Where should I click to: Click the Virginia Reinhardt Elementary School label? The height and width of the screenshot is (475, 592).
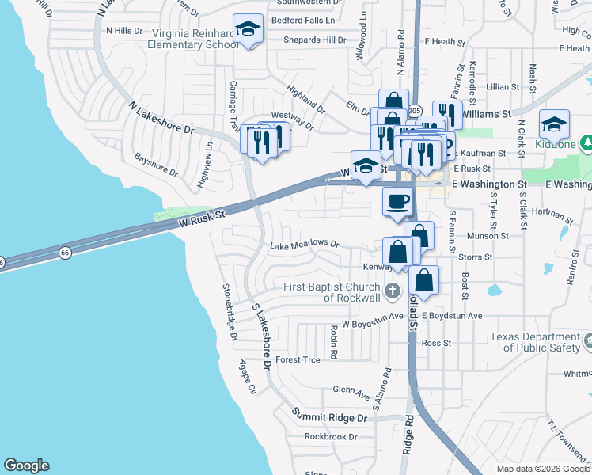(x=184, y=39)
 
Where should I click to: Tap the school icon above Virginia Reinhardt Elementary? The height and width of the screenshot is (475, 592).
(x=249, y=31)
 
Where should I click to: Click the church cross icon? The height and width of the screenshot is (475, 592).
(x=391, y=292)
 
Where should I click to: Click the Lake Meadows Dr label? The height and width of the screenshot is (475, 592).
(x=304, y=245)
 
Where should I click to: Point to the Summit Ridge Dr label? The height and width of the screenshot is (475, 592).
(x=330, y=416)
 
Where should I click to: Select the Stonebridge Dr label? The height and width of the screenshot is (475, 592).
(x=230, y=311)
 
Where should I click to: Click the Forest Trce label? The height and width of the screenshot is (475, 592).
(x=298, y=359)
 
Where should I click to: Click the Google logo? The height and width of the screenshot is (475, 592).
(x=26, y=465)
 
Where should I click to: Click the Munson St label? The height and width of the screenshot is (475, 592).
(x=488, y=236)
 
